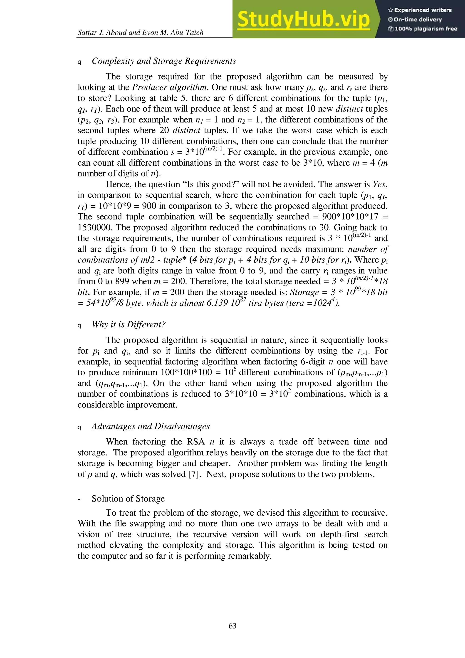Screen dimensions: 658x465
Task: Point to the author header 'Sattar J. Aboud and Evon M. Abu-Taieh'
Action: [x=140, y=32]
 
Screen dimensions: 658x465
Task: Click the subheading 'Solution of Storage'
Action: [x=128, y=498]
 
